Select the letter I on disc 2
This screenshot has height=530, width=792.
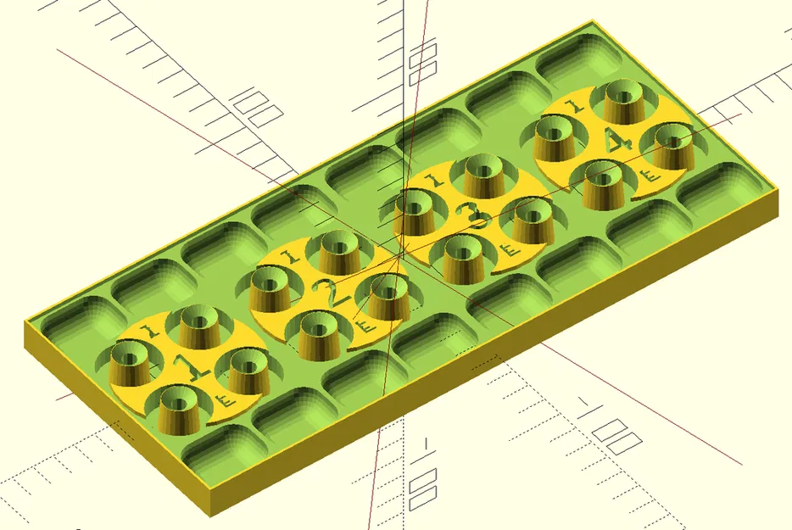click(x=291, y=255)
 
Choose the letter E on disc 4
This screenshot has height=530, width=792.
click(x=651, y=176)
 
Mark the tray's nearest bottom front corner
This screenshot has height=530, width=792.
click(x=209, y=512)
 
